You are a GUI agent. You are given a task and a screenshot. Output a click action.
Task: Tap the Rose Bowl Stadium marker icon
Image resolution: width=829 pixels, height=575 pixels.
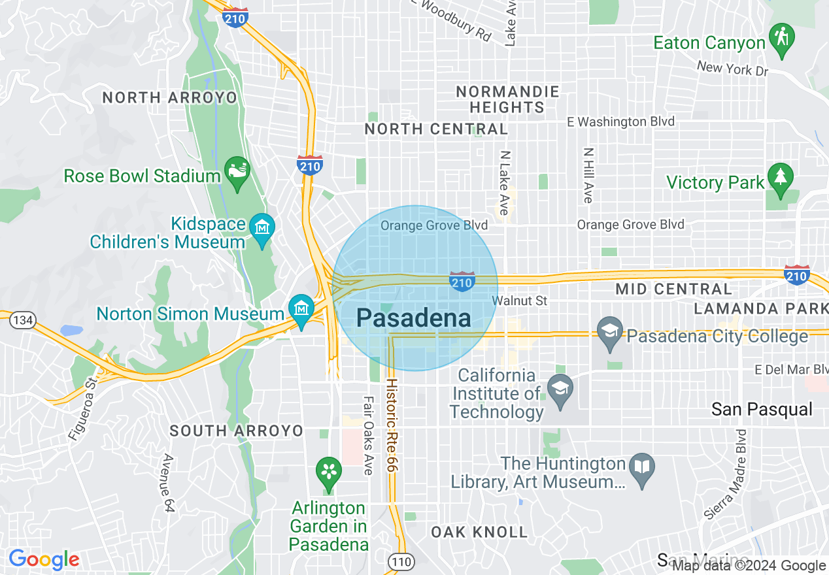(x=236, y=171)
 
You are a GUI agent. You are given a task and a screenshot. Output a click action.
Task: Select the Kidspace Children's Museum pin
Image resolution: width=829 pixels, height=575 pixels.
(x=262, y=229)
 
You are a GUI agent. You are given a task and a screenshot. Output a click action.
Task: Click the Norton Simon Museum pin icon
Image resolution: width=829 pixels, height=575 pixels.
(x=301, y=308)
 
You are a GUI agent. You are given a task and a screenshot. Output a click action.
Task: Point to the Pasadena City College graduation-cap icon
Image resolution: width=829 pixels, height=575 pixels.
(x=610, y=333)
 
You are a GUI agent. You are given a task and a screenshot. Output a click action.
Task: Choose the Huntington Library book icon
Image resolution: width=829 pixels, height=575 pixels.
(x=642, y=468)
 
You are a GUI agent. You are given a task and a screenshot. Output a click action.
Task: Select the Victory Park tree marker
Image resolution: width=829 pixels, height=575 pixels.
(x=780, y=178)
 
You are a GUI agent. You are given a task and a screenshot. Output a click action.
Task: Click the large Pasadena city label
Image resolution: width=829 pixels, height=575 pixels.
(x=413, y=318)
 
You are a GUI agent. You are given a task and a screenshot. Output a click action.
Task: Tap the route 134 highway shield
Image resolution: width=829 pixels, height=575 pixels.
(x=24, y=320)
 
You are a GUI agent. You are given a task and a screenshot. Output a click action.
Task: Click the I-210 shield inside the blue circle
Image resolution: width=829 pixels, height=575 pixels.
(x=462, y=282)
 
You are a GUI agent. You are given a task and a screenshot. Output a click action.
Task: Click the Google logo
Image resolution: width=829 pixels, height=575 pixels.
(x=44, y=560)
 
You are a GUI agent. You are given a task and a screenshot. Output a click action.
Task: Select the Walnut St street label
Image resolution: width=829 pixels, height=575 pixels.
(x=519, y=301)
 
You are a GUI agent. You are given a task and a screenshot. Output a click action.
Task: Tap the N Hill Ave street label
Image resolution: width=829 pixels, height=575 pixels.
(x=588, y=174)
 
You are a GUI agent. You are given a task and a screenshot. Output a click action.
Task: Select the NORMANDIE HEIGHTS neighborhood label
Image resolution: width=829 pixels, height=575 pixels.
(x=507, y=99)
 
